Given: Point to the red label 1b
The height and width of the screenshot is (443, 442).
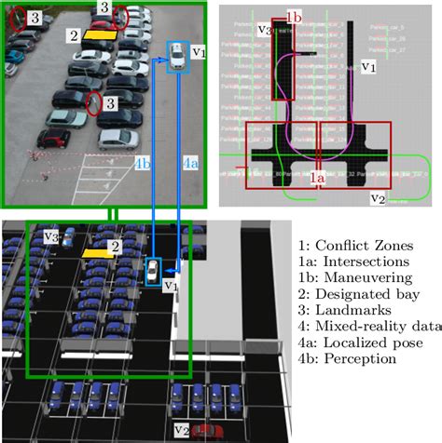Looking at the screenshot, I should [294, 17].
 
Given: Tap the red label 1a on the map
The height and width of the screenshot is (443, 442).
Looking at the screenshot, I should [318, 175].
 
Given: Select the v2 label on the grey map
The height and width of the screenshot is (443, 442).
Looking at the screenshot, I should [377, 196].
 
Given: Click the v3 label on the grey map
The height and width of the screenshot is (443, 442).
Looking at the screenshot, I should [265, 31].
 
